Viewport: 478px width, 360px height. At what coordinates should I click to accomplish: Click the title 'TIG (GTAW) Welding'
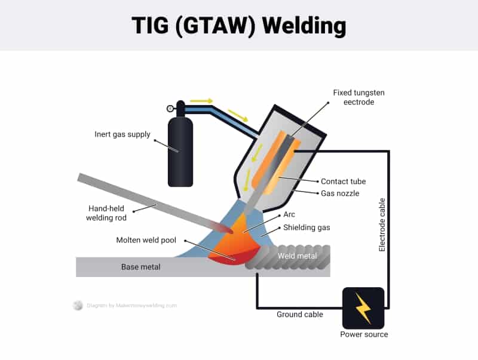pyautogui.click(x=239, y=26)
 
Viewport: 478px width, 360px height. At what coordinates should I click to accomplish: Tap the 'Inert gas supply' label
pyautogui.click(x=122, y=134)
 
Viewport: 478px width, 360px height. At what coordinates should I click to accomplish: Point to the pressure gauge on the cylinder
pyautogui.click(x=170, y=109)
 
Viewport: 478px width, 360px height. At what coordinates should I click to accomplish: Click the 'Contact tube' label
pyautogui.click(x=343, y=181)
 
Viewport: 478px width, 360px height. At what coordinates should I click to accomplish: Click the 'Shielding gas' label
pyautogui.click(x=307, y=227)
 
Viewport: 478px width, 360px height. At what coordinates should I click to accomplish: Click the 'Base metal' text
pyautogui.click(x=140, y=267)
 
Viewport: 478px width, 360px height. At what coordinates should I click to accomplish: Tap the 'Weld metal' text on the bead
pyautogui.click(x=297, y=256)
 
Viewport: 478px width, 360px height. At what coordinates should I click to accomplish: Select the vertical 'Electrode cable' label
pyautogui.click(x=382, y=224)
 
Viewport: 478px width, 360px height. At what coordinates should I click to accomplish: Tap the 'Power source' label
pyautogui.click(x=364, y=334)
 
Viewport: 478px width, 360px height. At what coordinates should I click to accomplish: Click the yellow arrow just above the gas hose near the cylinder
pyautogui.click(x=201, y=101)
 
